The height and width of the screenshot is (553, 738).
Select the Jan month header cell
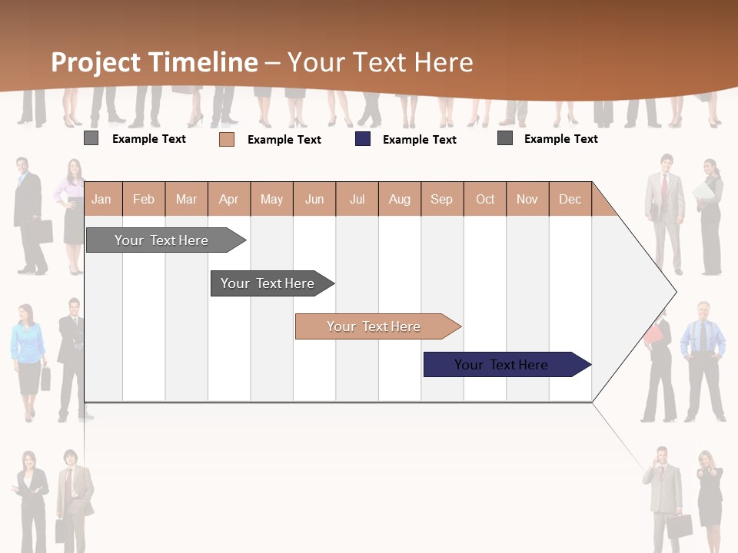point(101,199)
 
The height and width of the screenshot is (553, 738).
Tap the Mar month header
point(186,199)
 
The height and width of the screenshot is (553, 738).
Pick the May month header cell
point(271,199)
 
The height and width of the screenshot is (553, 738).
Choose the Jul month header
point(357,199)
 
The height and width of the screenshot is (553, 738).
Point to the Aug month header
point(400,199)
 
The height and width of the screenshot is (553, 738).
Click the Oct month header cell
point(485,199)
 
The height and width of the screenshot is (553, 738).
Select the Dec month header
point(570,199)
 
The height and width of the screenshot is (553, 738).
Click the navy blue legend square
point(363,139)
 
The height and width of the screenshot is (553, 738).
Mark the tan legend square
point(227,139)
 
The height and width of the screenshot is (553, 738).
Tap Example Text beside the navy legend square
point(420,139)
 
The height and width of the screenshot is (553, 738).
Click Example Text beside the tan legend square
point(284,139)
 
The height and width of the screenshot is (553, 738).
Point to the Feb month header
point(144,199)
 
